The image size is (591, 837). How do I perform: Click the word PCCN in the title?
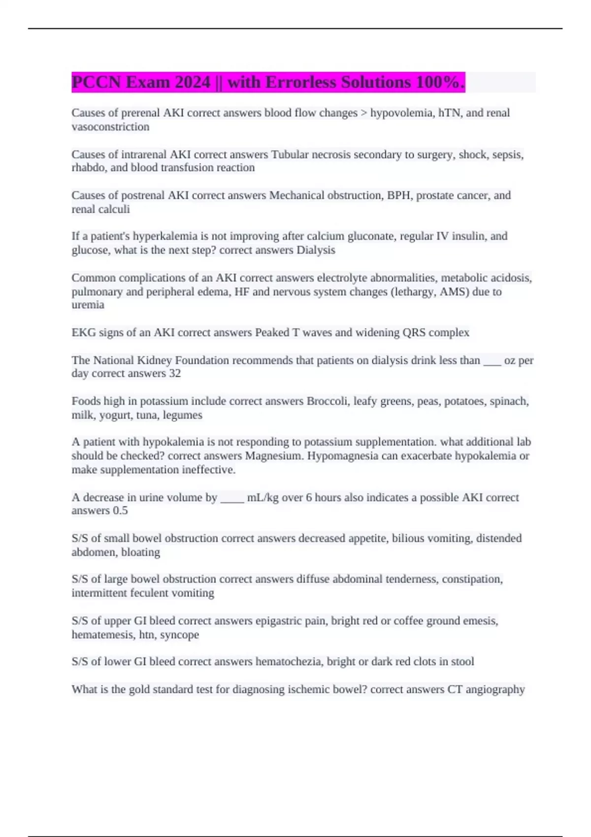(96, 82)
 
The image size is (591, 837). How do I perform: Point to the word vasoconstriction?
(110, 127)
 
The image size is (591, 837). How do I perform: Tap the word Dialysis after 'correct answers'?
(316, 250)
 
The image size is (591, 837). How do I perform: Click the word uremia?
(88, 305)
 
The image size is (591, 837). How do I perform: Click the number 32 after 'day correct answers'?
(175, 373)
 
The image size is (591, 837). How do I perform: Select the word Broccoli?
(327, 401)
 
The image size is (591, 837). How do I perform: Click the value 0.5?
(120, 511)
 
